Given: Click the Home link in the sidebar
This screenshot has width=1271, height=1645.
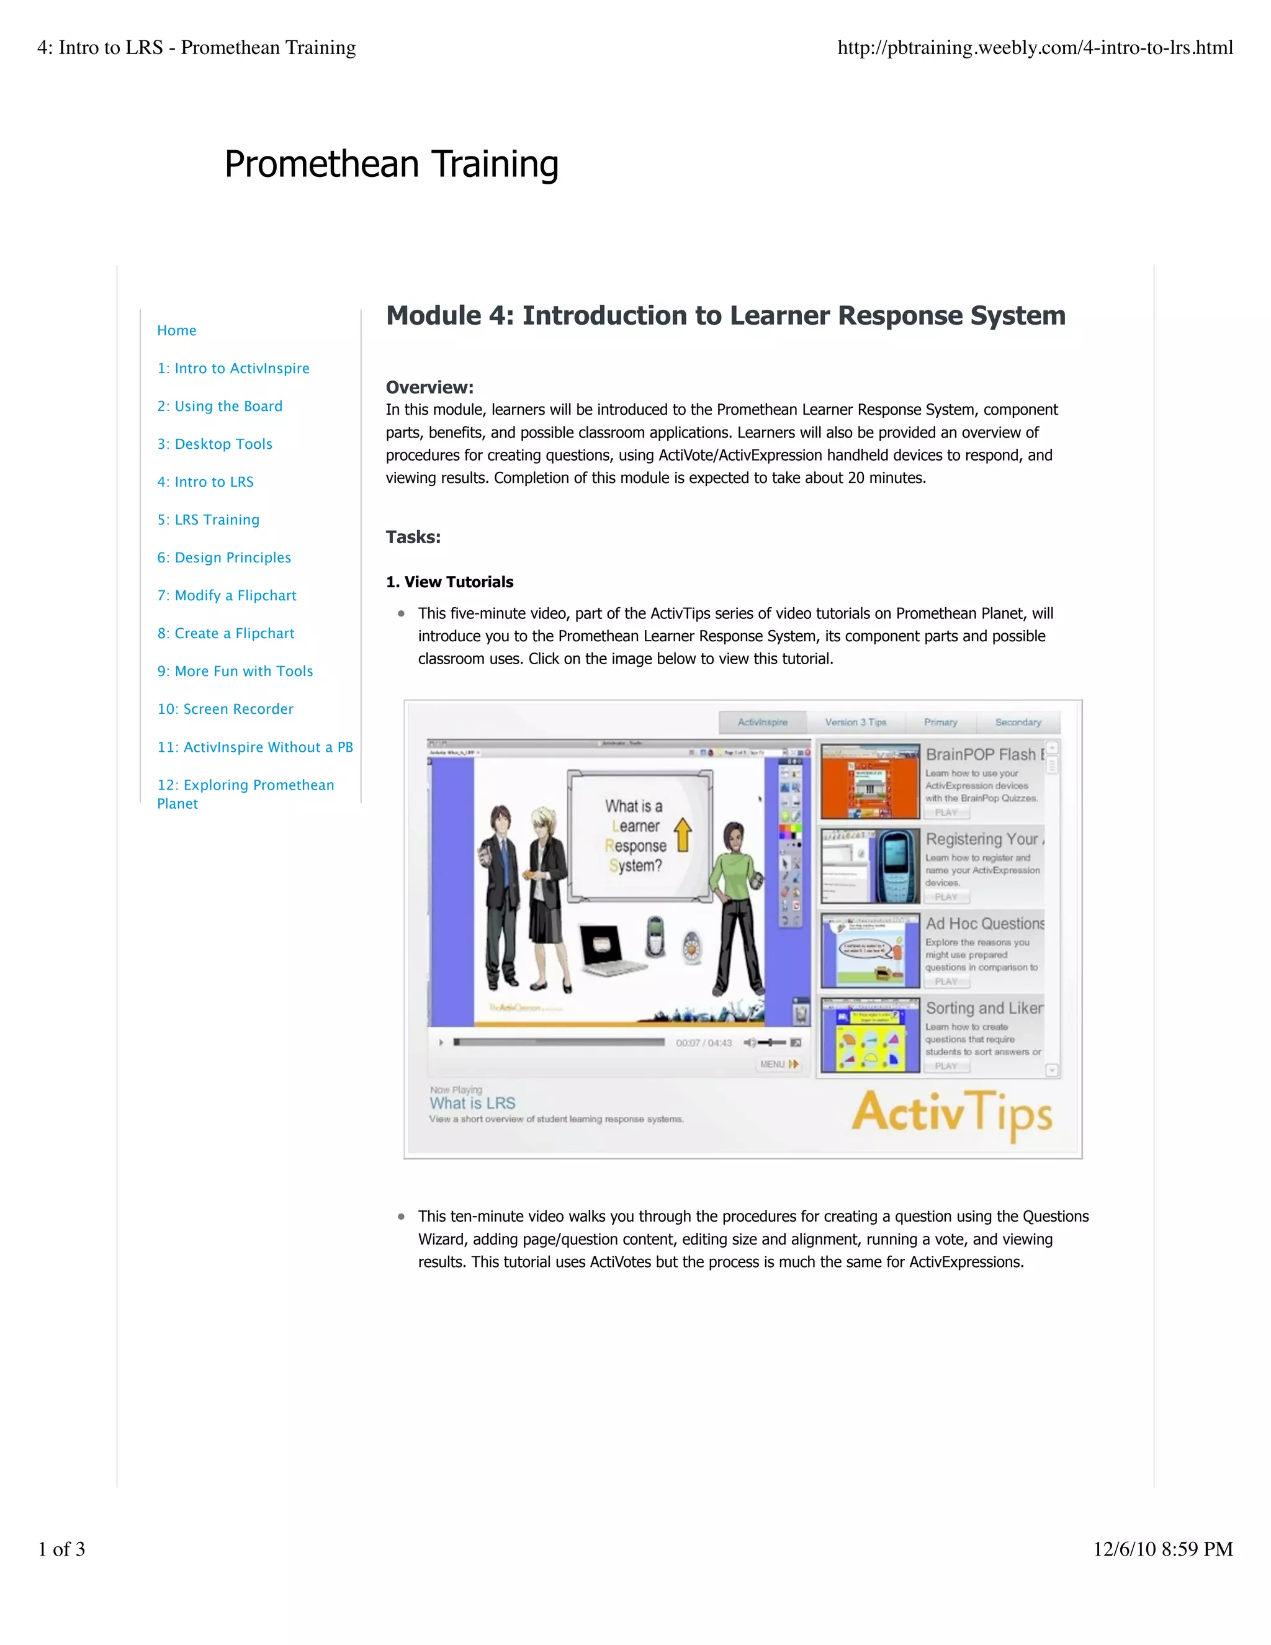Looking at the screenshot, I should pyautogui.click(x=176, y=331).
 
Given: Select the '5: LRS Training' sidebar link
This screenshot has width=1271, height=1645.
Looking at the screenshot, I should pyautogui.click(x=208, y=520).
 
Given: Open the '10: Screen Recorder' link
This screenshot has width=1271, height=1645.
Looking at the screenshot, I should pyautogui.click(x=225, y=709).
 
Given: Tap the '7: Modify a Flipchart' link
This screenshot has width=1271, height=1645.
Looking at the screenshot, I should pyautogui.click(x=227, y=596).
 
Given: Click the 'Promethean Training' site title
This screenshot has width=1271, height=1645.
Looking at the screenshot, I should pyautogui.click(x=392, y=164).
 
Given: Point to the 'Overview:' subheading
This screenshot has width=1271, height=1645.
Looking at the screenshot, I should pyautogui.click(x=429, y=387).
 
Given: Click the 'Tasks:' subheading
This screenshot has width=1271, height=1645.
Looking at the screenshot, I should pyautogui.click(x=413, y=537).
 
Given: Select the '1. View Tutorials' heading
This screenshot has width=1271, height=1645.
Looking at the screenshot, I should pyautogui.click(x=449, y=582).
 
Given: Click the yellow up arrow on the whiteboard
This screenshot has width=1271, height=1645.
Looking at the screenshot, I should pyautogui.click(x=683, y=834).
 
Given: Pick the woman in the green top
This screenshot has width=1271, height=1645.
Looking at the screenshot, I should pyautogui.click(x=737, y=919).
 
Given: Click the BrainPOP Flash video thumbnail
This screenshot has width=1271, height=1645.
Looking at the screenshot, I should pyautogui.click(x=869, y=782).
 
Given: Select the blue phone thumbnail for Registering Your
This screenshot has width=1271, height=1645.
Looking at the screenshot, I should pyautogui.click(x=869, y=866).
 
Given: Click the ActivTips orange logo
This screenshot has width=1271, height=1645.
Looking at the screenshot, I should pyautogui.click(x=952, y=1114).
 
